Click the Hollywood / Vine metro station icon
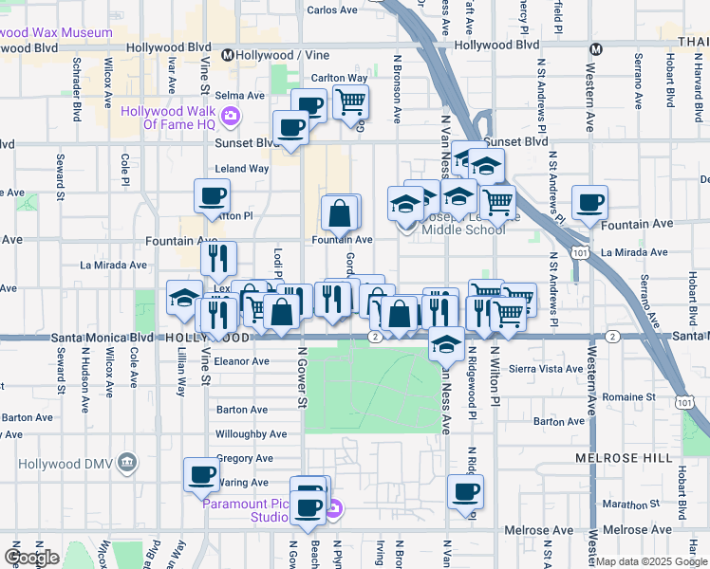point(228,55)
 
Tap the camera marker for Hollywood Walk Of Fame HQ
point(230,118)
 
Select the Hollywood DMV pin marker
point(129,463)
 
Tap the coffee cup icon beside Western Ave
point(589,203)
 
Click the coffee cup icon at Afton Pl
point(212,196)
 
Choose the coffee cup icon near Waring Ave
point(201,474)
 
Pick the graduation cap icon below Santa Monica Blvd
point(444,344)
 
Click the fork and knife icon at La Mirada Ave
point(218,258)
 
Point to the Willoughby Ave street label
point(251,434)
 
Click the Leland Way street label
point(242,169)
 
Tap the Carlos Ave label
point(331,10)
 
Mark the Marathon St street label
point(628,504)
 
